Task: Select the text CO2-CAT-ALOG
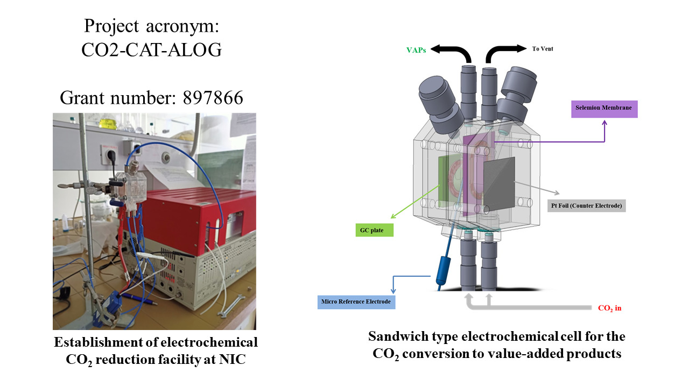click(151, 49)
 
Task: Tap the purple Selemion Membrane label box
click(604, 109)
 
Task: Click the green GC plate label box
click(374, 230)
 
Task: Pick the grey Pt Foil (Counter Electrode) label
click(587, 206)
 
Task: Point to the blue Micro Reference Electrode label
click(356, 302)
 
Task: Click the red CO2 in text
click(610, 309)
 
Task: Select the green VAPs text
click(417, 50)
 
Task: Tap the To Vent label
click(543, 49)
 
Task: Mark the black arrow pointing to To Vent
click(506, 51)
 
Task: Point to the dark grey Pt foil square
click(498, 182)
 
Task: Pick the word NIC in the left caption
click(233, 360)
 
